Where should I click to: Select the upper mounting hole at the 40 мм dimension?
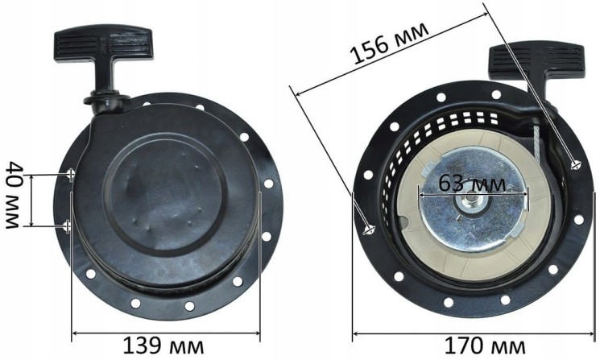(x=72, y=172)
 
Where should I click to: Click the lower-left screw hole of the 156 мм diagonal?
(x=368, y=230)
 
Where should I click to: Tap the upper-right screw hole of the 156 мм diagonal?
(x=575, y=165)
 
